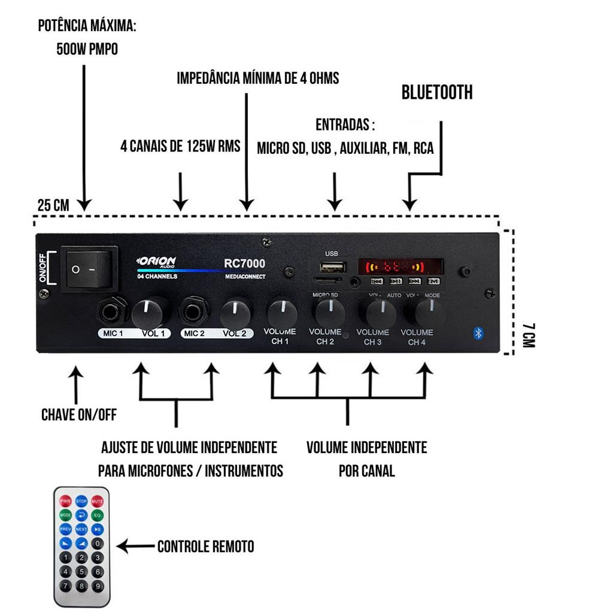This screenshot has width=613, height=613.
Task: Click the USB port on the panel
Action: coord(332,267)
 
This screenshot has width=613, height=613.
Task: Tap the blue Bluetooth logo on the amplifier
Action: coord(478,333)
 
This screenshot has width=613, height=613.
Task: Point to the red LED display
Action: coord(400,266)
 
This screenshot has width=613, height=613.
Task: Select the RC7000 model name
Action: coord(244,263)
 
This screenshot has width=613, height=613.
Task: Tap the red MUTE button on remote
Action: coord(97,500)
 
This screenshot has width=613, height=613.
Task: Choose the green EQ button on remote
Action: coord(97,515)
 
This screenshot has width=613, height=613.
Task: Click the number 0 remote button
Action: coord(98,544)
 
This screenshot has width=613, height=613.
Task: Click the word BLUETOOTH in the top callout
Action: coord(437,92)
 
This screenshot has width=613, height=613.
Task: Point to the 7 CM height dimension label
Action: coord(528,335)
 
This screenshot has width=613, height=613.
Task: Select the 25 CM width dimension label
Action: coord(53,205)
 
